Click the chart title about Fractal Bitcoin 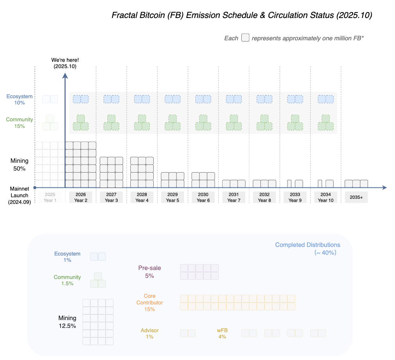point(242,15)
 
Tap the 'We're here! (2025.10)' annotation point(65,63)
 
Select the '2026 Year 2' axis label point(81,197)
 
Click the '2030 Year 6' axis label point(203,197)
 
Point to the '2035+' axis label point(356,197)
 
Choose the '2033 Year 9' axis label point(295,197)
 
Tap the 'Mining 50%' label point(20,165)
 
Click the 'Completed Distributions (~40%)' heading point(307,248)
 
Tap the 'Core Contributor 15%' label point(149,302)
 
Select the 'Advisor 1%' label point(149,333)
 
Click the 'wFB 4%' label point(222,333)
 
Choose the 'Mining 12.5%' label point(67,322)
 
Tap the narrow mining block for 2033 point(289,184)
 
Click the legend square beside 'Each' point(245,38)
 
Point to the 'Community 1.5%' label point(67,280)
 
